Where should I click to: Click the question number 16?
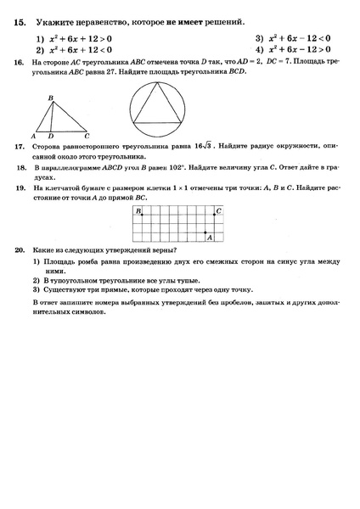click(19, 64)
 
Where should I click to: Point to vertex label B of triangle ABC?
click(50, 98)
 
